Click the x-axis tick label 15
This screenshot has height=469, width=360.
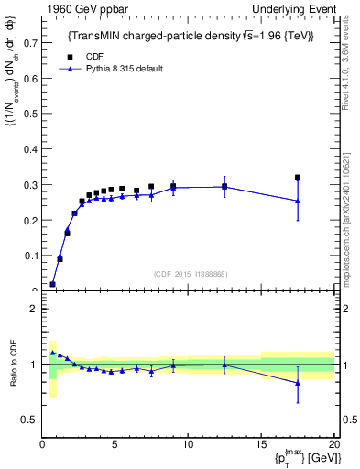[x=260, y=445]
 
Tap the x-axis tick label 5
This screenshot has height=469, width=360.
[x=115, y=445]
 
